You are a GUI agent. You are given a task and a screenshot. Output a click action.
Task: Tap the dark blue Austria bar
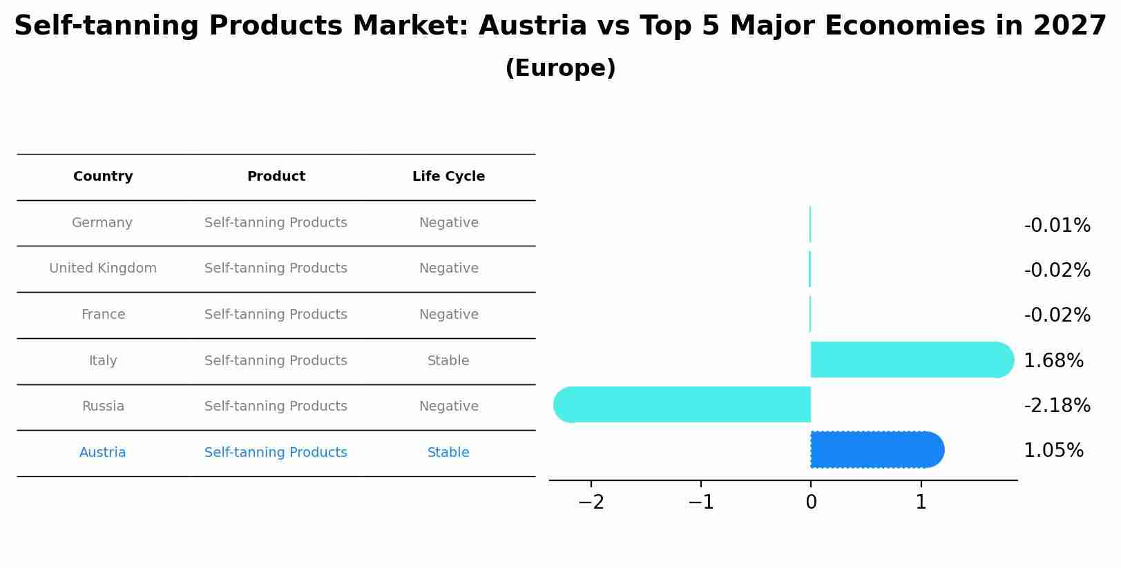[x=876, y=449]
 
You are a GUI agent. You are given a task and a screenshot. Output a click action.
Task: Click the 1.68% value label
[x=1053, y=360]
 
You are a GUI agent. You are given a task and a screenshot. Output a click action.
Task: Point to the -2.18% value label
[x=1057, y=405]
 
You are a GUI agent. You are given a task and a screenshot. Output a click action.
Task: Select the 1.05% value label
[x=1053, y=450]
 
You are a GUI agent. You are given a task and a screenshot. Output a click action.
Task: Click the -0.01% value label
[x=1057, y=225]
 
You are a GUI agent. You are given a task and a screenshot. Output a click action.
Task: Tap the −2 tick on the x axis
[x=591, y=502]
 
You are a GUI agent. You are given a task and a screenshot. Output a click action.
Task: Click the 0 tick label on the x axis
[x=811, y=502]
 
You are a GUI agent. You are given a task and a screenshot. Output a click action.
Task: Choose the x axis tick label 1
[x=921, y=502]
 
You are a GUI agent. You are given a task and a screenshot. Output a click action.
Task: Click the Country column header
[x=103, y=177]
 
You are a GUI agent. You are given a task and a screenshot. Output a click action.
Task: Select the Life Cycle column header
[x=448, y=177]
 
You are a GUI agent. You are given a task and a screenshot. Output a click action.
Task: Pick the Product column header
[x=276, y=177]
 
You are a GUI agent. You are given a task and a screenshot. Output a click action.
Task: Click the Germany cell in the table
[x=102, y=223]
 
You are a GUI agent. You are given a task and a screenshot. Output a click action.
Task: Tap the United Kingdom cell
[x=103, y=268]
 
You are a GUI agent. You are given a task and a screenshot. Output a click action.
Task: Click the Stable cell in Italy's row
[x=448, y=360]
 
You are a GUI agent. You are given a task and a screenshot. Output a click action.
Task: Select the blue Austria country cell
[x=102, y=453]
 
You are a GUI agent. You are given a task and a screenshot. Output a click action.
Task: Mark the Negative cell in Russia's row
[x=448, y=407]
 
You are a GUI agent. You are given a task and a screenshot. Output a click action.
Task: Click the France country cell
[x=103, y=315]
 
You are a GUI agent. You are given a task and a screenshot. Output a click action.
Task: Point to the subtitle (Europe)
[x=560, y=68]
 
